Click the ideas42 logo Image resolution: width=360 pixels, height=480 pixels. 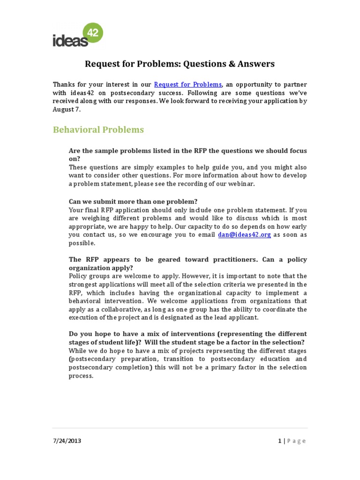[77, 36]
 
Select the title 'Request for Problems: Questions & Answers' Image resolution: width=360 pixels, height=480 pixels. [180, 64]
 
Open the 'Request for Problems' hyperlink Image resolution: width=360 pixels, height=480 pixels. [187, 84]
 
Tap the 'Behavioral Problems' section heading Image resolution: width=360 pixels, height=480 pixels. [98, 130]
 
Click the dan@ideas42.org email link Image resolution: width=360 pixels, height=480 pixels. [244, 235]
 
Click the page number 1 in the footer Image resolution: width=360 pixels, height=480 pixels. [279, 441]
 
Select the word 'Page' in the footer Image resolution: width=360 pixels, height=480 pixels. [296, 441]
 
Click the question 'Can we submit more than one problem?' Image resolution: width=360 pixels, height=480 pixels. [133, 202]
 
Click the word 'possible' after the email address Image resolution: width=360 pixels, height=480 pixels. [81, 243]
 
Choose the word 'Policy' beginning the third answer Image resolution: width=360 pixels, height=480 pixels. [78, 276]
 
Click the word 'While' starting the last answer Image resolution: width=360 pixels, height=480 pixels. [78, 351]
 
